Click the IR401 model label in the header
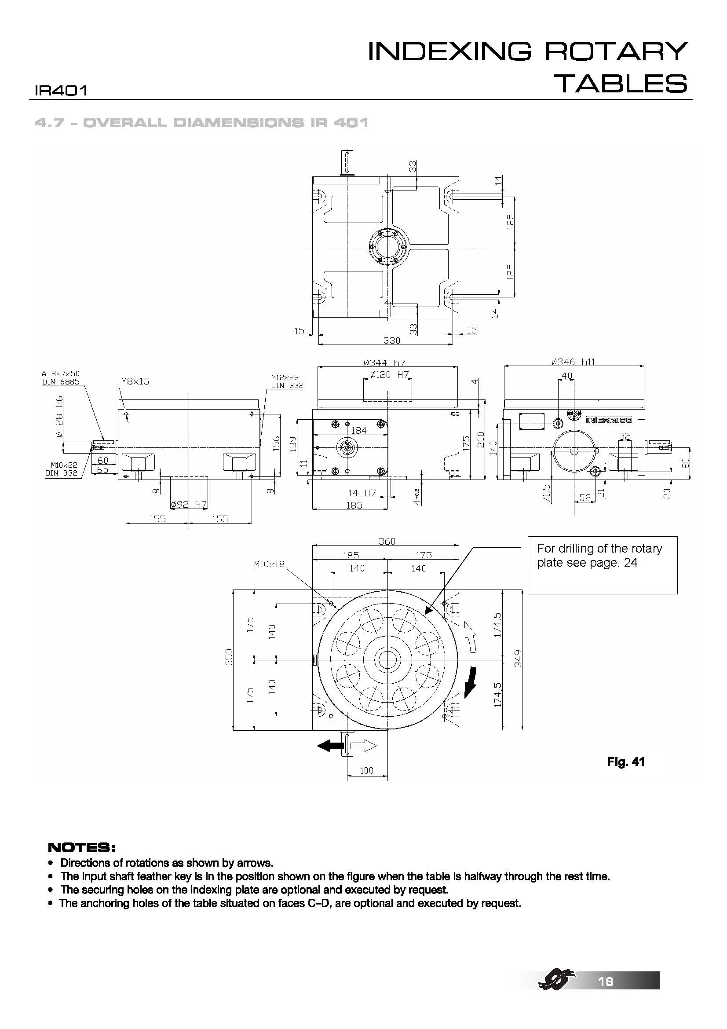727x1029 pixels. [60, 91]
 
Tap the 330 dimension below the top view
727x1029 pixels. [391, 341]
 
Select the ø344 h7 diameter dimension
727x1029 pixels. [384, 363]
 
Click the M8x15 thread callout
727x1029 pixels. [135, 381]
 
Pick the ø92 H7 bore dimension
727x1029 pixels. [189, 505]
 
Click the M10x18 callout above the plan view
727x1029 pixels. [269, 564]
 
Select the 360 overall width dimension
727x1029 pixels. [387, 541]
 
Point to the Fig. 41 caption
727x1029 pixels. [625, 762]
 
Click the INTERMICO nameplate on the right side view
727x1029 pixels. [609, 420]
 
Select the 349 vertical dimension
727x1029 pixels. [518, 659]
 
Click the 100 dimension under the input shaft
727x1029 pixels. [366, 771]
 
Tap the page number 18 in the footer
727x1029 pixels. [605, 981]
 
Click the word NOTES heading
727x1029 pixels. [81, 848]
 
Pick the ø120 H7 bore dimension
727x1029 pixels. [389, 375]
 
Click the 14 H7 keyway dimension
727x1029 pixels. [362, 493]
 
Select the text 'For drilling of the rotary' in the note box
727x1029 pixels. [599, 549]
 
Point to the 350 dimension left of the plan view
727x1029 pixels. [229, 657]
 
